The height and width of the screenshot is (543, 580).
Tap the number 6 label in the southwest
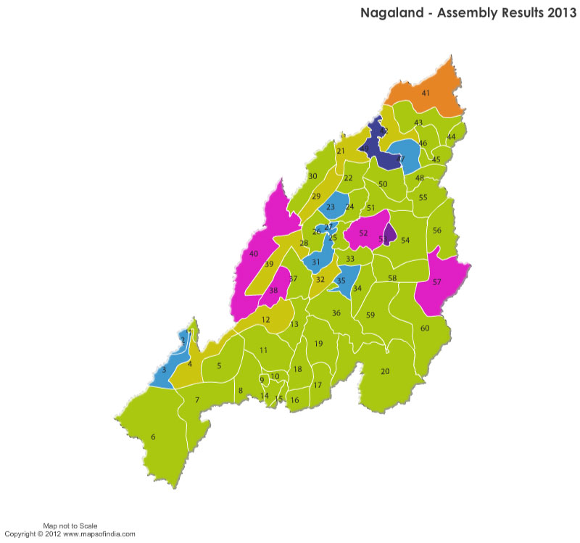(153, 437)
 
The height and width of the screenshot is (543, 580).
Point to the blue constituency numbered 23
(331, 207)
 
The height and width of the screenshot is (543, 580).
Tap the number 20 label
(385, 371)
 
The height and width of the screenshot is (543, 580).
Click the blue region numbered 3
(164, 370)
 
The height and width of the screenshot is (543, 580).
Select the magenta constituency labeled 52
(362, 233)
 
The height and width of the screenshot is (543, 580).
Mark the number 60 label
(425, 328)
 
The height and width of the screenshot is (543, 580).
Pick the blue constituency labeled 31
(317, 262)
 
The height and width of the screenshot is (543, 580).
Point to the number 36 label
(336, 313)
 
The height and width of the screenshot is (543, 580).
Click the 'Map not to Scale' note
(70, 526)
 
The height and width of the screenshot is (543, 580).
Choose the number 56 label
(436, 230)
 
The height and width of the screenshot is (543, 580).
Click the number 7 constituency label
(196, 400)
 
